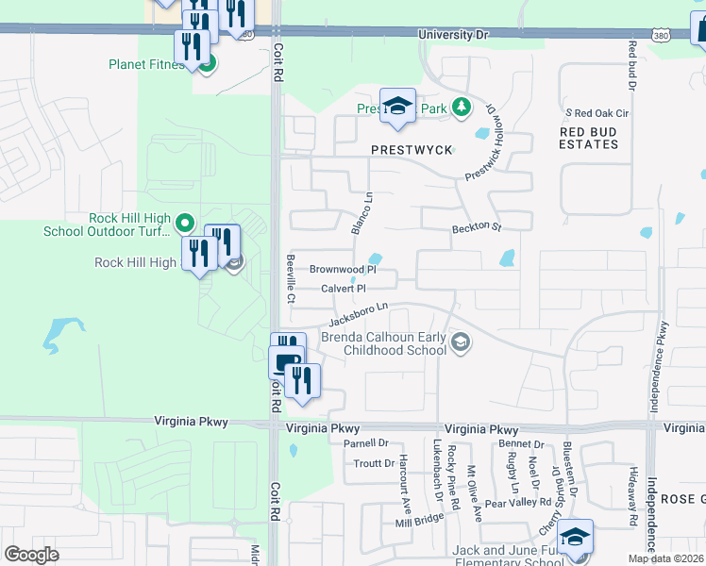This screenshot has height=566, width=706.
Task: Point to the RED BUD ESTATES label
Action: click(589, 138)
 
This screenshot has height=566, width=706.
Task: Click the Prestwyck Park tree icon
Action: click(462, 108)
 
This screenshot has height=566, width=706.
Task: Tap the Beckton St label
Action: click(476, 227)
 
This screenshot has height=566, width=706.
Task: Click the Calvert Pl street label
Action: click(343, 289)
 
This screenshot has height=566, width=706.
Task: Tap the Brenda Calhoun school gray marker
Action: click(460, 342)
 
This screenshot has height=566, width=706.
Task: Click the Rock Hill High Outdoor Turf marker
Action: click(186, 224)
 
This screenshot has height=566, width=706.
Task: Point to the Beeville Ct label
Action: click(292, 279)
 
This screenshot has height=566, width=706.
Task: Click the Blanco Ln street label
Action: click(361, 214)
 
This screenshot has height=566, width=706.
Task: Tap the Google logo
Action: click(32, 554)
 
